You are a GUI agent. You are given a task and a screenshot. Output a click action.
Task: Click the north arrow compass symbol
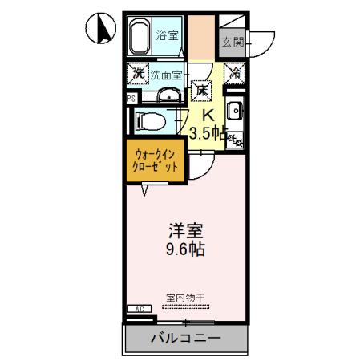pos(100,30)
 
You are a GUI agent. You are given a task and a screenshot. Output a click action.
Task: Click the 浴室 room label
pos(168,36)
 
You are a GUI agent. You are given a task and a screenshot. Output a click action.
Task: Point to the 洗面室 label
pos(166,75)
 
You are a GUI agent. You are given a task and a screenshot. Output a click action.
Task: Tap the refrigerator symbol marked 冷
pos(236,74)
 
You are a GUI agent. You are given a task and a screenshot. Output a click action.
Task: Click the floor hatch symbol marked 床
pos(203,92)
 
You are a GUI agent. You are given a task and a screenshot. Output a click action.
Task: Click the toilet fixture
pos(151,122)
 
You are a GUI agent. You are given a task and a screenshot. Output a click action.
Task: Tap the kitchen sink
pos(235,113)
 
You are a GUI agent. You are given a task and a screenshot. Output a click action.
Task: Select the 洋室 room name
pos(184,230)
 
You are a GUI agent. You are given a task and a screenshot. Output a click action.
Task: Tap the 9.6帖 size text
pos(184,249)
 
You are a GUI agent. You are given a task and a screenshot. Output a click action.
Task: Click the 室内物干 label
pos(185,297)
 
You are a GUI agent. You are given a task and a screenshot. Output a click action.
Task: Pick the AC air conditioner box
pos(138,309)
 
